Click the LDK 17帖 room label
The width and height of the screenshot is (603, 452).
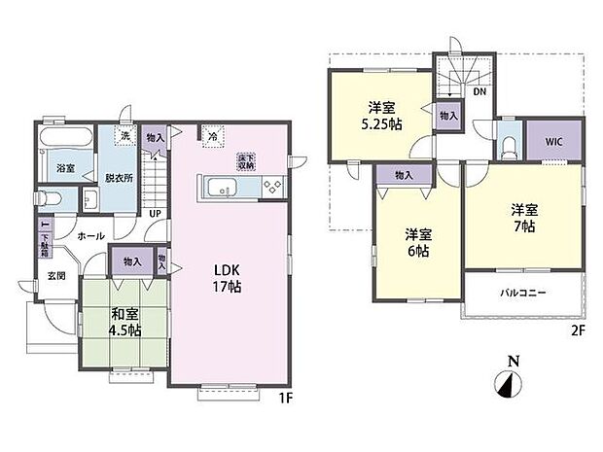pyautogui.click(x=229, y=278)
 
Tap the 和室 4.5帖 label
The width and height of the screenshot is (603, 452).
pyautogui.click(x=125, y=322)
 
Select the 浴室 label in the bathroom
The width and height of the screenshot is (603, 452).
pyautogui.click(x=64, y=167)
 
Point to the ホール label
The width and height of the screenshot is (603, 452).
pyautogui.click(x=92, y=235)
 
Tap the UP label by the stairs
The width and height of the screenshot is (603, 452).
pyautogui.click(x=155, y=215)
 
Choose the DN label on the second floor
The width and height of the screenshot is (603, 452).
pyautogui.click(x=479, y=93)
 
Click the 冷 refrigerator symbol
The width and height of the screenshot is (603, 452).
pyautogui.click(x=212, y=137)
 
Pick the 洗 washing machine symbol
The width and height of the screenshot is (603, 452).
pyautogui.click(x=125, y=137)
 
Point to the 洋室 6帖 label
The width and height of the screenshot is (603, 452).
pyautogui.click(x=418, y=242)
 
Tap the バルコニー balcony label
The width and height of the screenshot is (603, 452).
pyautogui.click(x=523, y=293)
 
